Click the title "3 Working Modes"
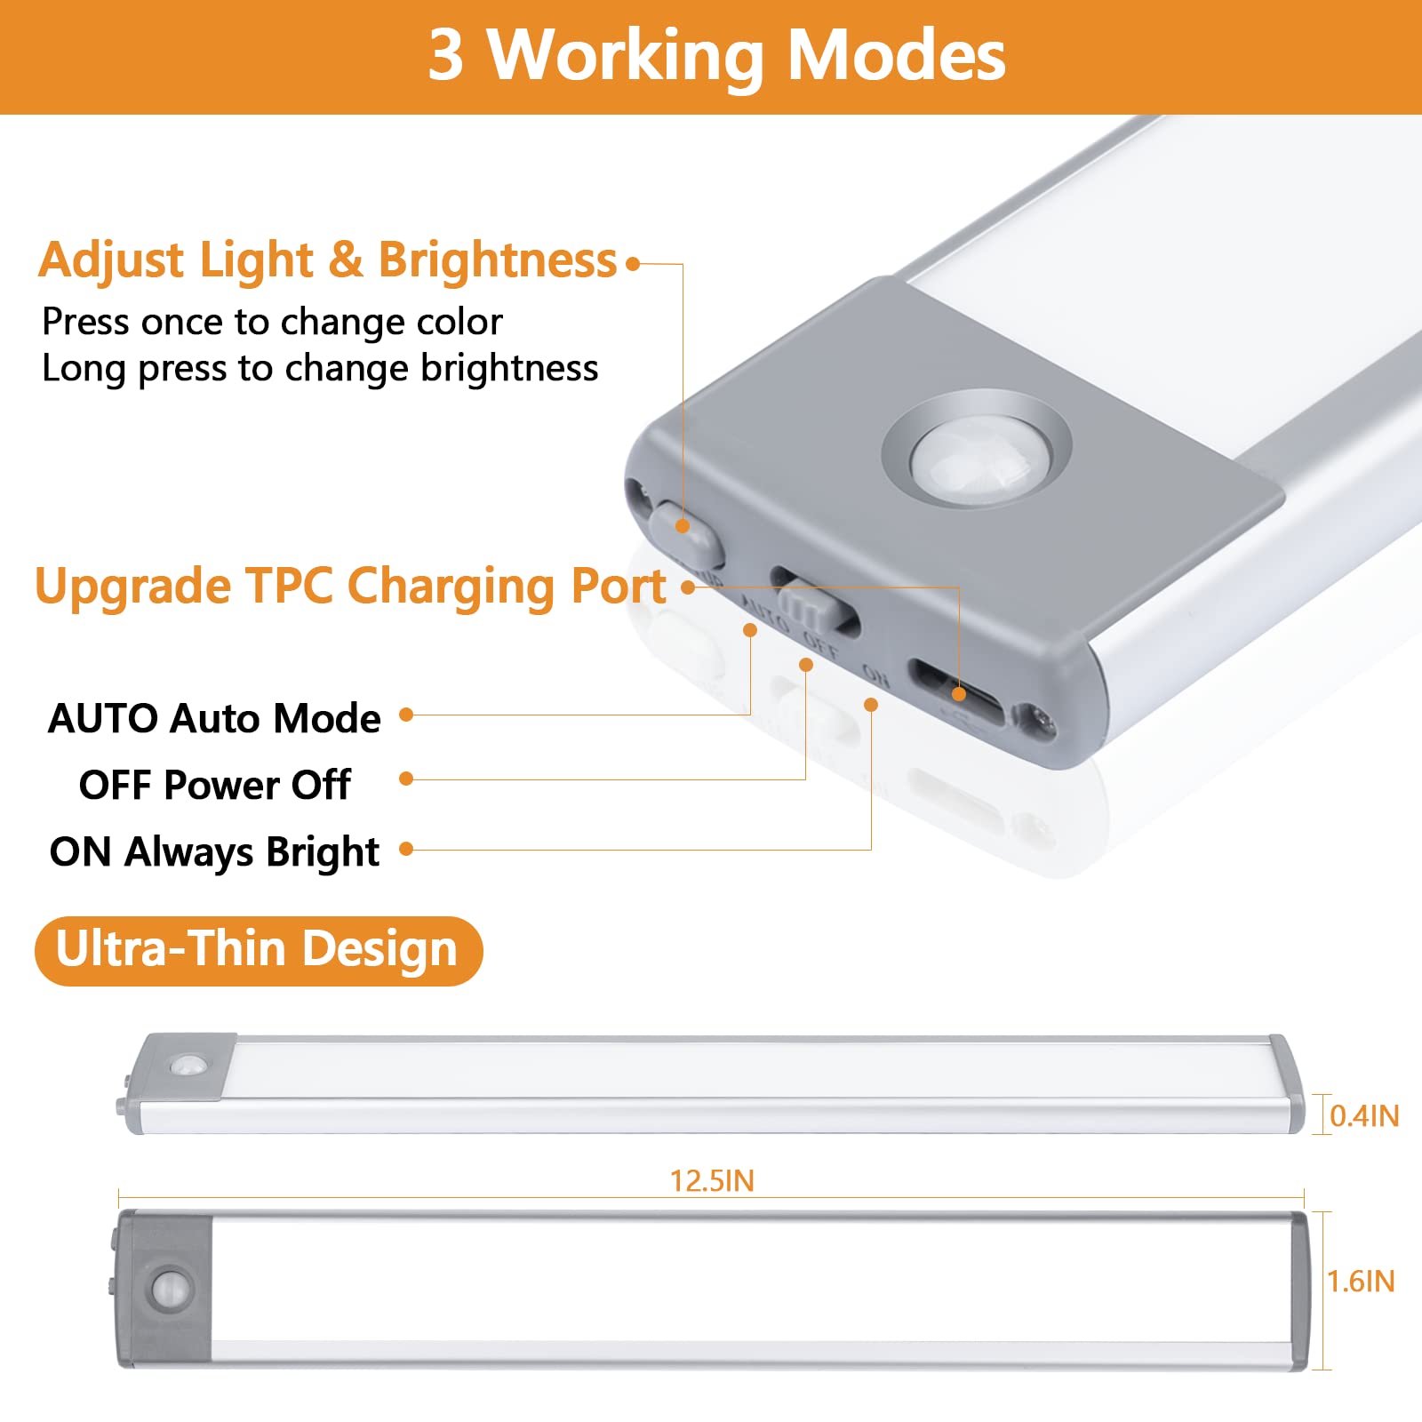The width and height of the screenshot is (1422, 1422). click(716, 55)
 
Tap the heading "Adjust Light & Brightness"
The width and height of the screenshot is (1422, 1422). click(327, 260)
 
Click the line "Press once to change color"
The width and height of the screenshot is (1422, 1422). click(272, 322)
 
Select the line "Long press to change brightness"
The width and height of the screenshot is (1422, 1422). click(320, 369)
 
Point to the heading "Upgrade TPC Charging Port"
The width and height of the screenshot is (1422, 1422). click(350, 587)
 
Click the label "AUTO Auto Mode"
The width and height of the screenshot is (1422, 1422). click(214, 718)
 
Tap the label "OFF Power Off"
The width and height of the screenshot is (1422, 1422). click(215, 785)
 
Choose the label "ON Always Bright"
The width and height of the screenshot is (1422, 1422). click(214, 851)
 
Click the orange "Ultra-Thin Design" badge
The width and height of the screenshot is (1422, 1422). click(259, 950)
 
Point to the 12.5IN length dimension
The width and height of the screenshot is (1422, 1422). click(712, 1181)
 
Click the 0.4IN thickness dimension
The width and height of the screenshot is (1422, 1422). click(1364, 1115)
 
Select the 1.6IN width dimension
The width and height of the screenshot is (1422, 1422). click(1361, 1281)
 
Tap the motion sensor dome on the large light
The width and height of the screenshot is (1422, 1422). click(978, 460)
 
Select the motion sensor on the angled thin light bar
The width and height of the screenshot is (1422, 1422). click(188, 1065)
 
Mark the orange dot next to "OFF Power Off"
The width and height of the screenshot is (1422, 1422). click(406, 779)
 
